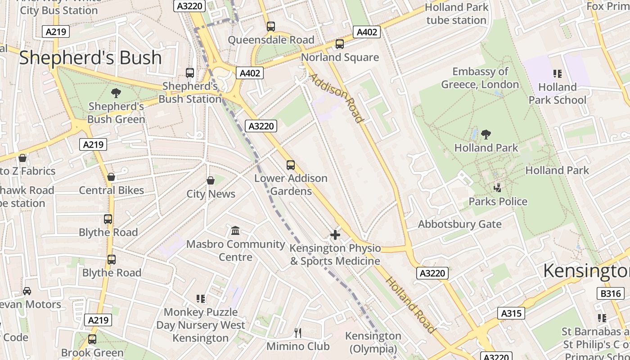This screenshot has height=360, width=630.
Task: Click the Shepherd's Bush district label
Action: [90, 58]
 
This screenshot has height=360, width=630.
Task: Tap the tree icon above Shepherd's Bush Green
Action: [116, 93]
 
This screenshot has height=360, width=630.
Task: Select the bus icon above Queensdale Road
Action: [270, 27]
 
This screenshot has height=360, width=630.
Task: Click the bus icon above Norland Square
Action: [340, 44]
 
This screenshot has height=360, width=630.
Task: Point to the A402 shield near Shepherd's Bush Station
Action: [249, 73]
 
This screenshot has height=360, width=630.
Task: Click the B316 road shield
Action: [611, 293]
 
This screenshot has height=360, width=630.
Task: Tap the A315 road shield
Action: [511, 313]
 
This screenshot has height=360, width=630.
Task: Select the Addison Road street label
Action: [336, 98]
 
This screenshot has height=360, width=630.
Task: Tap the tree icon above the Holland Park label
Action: [486, 134]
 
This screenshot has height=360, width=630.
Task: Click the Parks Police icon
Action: [497, 188]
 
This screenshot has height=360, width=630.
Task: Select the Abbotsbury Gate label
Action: [459, 224]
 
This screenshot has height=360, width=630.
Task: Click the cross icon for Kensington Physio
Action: [335, 234]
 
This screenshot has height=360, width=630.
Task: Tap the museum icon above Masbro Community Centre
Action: [235, 231]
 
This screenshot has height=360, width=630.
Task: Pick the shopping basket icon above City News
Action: [210, 180]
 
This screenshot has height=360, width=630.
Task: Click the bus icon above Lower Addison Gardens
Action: [291, 165]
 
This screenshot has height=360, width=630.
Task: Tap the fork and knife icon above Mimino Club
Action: [297, 333]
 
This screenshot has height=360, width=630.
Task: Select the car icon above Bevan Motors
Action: [27, 291]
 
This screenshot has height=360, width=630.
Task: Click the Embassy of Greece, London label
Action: [480, 78]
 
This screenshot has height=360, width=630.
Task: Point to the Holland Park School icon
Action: [557, 73]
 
